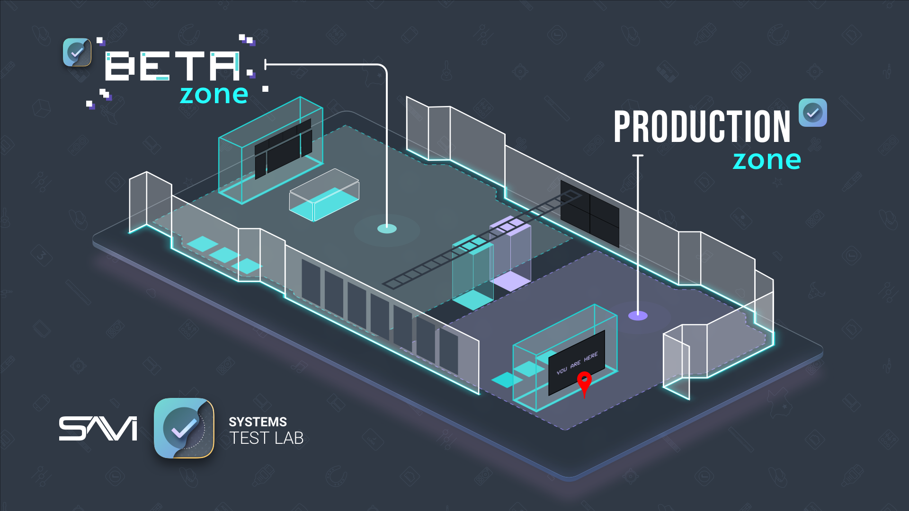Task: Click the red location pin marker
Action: (x=584, y=381)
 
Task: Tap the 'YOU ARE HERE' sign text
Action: (x=577, y=363)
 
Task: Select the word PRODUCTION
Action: (x=702, y=127)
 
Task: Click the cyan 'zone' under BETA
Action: (x=214, y=95)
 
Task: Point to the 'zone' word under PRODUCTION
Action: (x=766, y=160)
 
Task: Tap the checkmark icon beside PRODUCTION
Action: (x=812, y=113)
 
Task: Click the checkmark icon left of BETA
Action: (x=77, y=52)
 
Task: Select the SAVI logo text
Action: (x=98, y=429)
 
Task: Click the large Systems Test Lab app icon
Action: (x=184, y=428)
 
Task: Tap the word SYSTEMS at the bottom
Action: (x=258, y=422)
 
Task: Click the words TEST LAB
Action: (x=266, y=439)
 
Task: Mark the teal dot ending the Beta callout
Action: (x=387, y=229)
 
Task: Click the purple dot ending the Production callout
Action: (x=638, y=316)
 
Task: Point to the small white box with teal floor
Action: (x=324, y=195)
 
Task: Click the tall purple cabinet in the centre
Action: (x=514, y=253)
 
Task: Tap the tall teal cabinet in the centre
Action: (x=472, y=272)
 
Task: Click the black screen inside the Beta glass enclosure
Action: (x=283, y=149)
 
